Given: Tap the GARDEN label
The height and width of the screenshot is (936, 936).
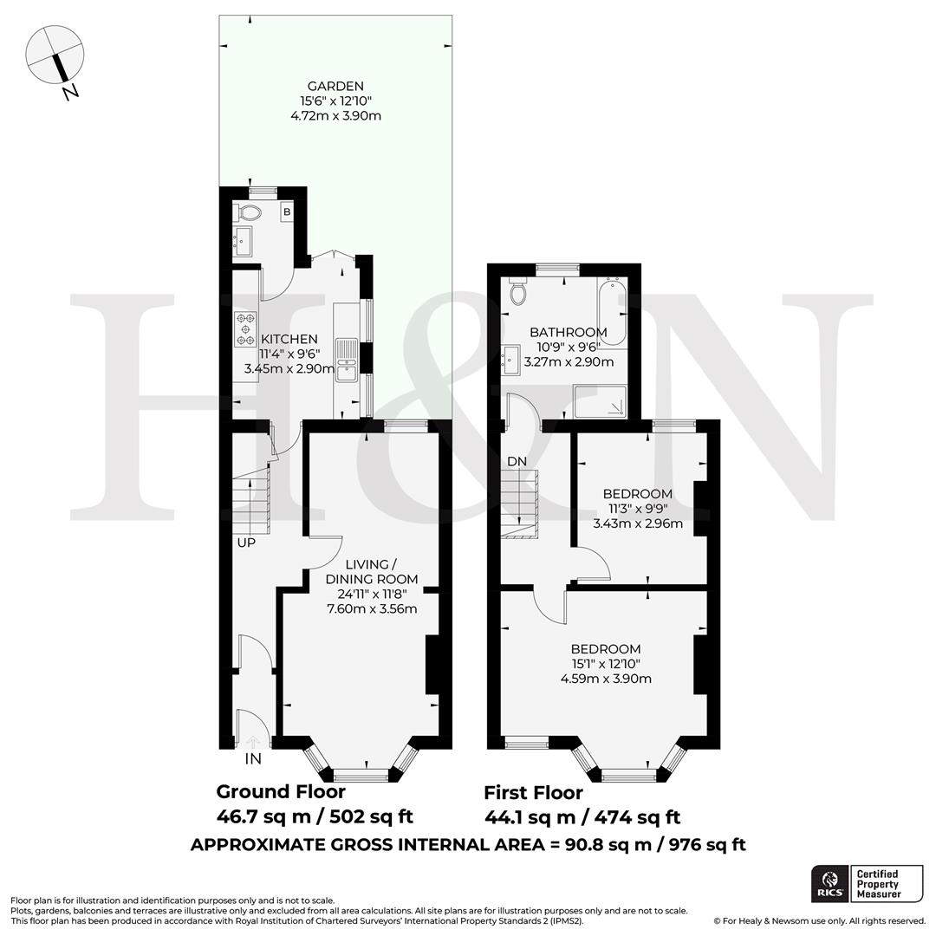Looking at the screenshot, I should coord(335,86).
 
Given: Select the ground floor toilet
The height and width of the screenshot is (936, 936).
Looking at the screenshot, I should coord(250,213).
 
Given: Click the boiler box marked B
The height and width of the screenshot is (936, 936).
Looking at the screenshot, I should coord(287,212).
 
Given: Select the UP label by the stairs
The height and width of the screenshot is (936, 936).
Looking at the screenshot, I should coord(247,543).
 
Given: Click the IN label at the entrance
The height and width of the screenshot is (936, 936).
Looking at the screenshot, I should coord(253,759).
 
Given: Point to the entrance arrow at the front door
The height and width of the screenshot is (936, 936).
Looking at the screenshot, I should coord(253,741).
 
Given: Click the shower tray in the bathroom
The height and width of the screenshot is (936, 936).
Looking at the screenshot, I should coord(600,401).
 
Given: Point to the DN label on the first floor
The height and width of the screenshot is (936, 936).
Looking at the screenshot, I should coord(517,462).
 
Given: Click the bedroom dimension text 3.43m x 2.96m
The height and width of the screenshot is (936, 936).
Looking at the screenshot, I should coord(638,523).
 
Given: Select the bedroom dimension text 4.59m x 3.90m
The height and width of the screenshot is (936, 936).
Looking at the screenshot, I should coord(606,679).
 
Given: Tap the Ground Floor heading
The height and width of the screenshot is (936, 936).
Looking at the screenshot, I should coord(281,791).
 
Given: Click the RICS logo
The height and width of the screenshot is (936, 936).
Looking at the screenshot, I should coord(829,883).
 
